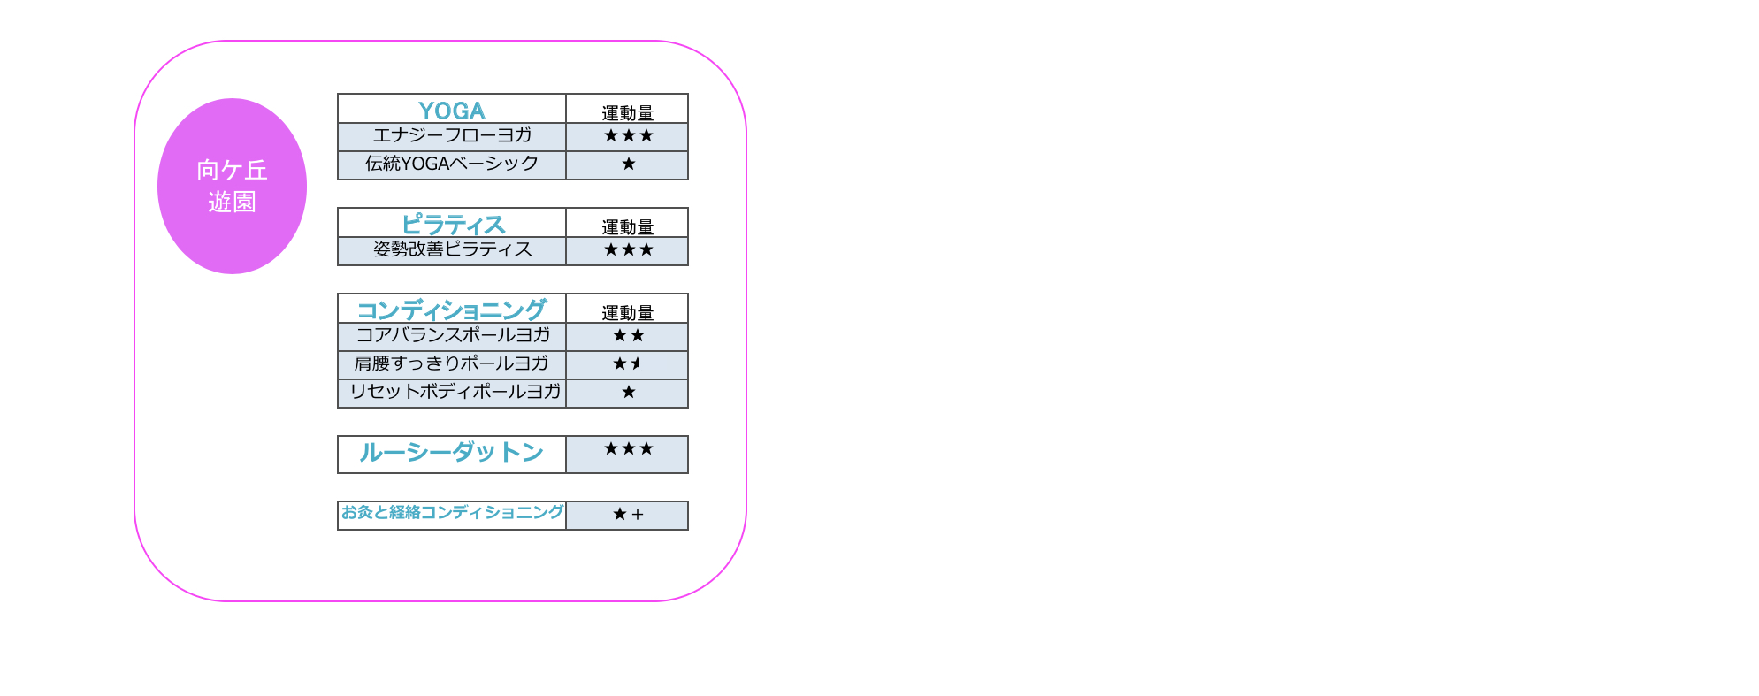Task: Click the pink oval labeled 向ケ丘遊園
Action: point(232,186)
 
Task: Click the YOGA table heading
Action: point(452,111)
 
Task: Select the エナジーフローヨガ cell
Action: point(452,135)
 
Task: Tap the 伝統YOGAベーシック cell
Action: point(452,164)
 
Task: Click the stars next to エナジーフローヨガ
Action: point(628,135)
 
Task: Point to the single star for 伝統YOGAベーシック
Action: point(628,164)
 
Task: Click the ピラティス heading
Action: point(453,225)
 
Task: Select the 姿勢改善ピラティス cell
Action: point(452,249)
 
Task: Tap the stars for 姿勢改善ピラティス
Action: point(628,249)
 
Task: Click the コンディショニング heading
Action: point(452,310)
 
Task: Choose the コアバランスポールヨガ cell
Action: point(452,335)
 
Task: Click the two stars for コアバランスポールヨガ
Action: point(628,335)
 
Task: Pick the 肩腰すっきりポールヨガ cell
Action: point(452,363)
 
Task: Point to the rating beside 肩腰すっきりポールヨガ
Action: point(627,363)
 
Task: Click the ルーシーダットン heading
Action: point(452,453)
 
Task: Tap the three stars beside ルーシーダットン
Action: point(628,448)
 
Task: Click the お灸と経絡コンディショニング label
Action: point(452,512)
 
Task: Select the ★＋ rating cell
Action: point(628,514)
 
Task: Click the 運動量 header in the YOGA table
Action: point(628,113)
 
